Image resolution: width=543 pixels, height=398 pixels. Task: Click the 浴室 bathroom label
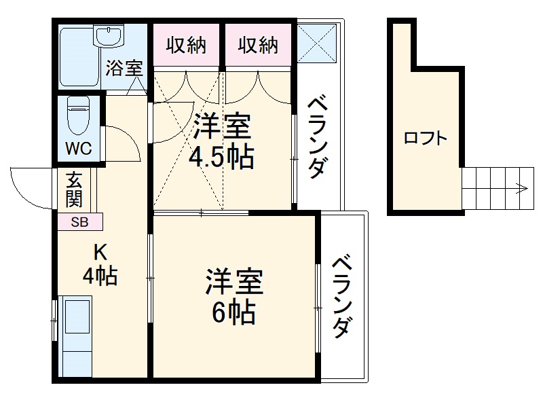pos(124,68)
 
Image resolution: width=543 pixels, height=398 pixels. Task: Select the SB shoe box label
pos(79,221)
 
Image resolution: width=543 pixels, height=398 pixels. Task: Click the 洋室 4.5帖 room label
pos(223,142)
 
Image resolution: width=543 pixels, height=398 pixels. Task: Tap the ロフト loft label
pos(426,139)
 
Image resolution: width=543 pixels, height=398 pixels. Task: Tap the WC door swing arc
pos(122,143)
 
